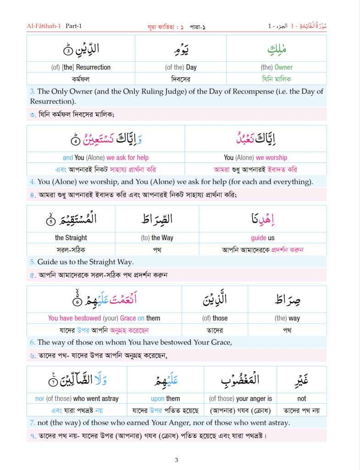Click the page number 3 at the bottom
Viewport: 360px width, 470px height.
coord(177,460)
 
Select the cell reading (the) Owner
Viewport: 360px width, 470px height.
coord(277,67)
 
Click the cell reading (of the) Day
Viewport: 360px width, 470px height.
coord(180,67)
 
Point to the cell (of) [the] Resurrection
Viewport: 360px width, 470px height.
coord(80,67)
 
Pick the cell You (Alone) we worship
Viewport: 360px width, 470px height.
coord(255,157)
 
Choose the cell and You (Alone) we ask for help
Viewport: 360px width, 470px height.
coord(105,157)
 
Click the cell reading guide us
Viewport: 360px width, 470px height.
coord(263,238)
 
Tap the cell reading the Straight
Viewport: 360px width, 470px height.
coord(71,238)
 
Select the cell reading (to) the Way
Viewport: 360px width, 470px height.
coord(157,238)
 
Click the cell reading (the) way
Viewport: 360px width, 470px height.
coord(287,318)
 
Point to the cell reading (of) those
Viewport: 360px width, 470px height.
coord(215,318)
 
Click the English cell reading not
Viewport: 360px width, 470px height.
coord(301,398)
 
